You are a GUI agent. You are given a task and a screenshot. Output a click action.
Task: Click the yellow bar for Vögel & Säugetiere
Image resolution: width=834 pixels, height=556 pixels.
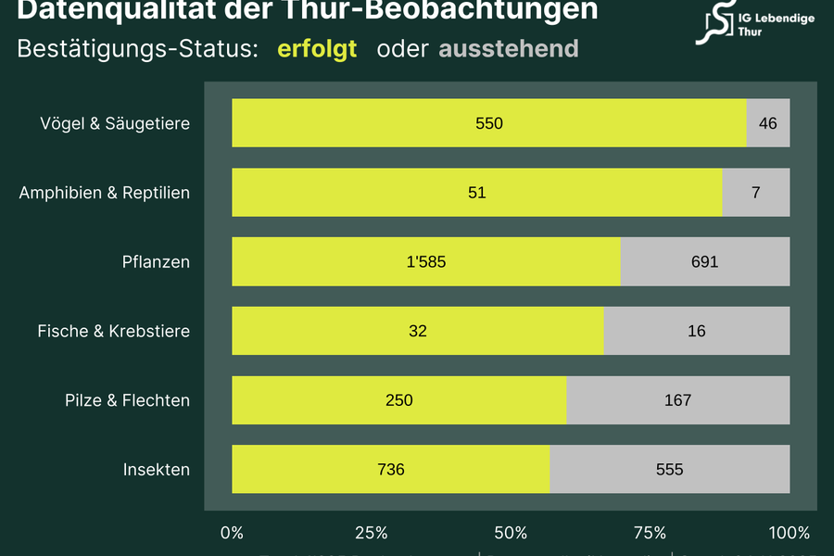pyautogui.click(x=488, y=123)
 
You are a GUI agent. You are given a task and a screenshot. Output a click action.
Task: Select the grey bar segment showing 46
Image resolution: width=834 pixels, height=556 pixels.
pyautogui.click(x=767, y=123)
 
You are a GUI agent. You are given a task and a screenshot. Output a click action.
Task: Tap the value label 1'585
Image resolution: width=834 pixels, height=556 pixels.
pyautogui.click(x=426, y=262)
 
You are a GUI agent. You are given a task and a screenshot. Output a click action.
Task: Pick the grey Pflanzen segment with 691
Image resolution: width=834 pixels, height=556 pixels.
pyautogui.click(x=704, y=262)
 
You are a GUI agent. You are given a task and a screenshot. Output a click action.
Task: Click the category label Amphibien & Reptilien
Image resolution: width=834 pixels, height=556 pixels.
pyautogui.click(x=105, y=193)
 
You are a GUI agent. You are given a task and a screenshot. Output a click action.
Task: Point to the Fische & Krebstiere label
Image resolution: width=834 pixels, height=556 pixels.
pyautogui.click(x=114, y=331)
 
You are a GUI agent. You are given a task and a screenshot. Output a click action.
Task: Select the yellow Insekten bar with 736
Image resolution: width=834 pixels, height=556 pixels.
pyautogui.click(x=390, y=470)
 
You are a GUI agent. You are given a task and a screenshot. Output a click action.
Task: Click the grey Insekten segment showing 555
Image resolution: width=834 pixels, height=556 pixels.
pyautogui.click(x=669, y=470)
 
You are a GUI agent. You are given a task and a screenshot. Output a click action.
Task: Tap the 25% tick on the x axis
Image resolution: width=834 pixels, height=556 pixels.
pyautogui.click(x=371, y=533)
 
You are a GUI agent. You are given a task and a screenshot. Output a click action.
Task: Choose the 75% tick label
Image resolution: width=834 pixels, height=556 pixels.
pyautogui.click(x=650, y=533)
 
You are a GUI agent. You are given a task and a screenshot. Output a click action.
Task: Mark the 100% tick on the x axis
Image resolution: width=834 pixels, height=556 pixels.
pyautogui.click(x=789, y=533)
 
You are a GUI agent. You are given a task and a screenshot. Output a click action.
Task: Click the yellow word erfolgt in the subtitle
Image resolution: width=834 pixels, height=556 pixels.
pyautogui.click(x=317, y=49)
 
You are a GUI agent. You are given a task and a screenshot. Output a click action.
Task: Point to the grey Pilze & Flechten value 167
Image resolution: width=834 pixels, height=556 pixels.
pyautogui.click(x=677, y=400)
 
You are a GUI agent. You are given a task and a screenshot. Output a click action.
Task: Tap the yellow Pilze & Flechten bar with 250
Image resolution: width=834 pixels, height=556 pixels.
pyautogui.click(x=398, y=400)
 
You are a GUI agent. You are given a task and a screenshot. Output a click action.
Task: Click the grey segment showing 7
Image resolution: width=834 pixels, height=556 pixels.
pyautogui.click(x=755, y=193)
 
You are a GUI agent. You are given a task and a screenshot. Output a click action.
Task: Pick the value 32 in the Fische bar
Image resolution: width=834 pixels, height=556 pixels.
pyautogui.click(x=418, y=331)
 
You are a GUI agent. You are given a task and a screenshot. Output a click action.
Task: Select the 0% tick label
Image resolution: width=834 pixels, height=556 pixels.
pyautogui.click(x=232, y=533)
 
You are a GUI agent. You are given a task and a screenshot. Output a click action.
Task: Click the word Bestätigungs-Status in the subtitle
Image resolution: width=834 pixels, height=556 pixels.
pyautogui.click(x=137, y=49)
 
